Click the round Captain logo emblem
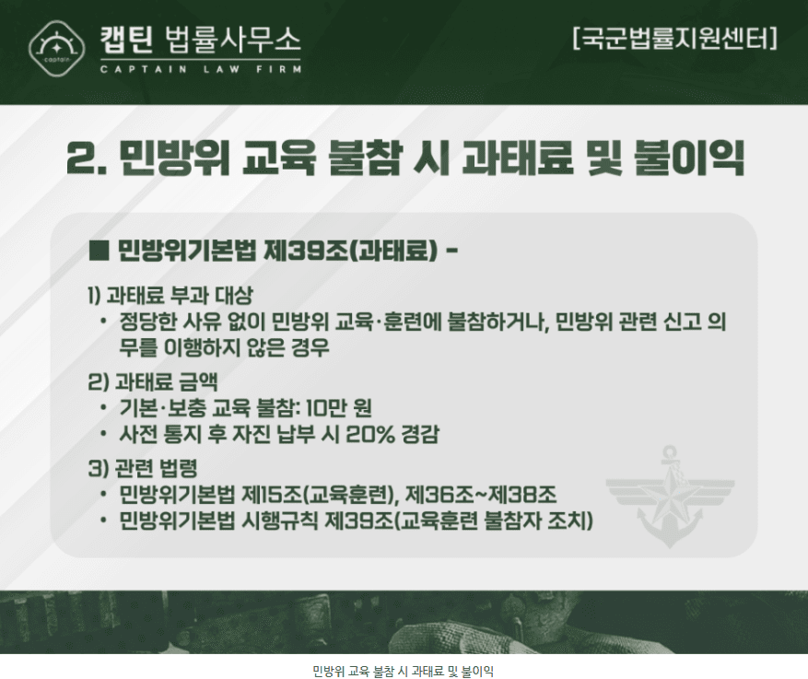(x=56, y=49)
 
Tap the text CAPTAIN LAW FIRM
(x=201, y=69)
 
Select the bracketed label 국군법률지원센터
(x=674, y=38)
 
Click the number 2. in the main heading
(x=87, y=158)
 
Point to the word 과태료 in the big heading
(x=518, y=158)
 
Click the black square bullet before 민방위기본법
(x=99, y=251)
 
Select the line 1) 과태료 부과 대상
(x=170, y=295)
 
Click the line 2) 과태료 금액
(x=153, y=381)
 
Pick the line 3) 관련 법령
(x=143, y=468)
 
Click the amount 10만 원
(x=338, y=408)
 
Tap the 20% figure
(x=370, y=434)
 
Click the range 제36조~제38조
(x=481, y=495)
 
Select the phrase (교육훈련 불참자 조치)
(x=493, y=521)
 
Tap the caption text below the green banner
(x=404, y=672)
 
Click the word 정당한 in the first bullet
(x=148, y=322)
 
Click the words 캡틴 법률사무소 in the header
(x=201, y=40)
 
